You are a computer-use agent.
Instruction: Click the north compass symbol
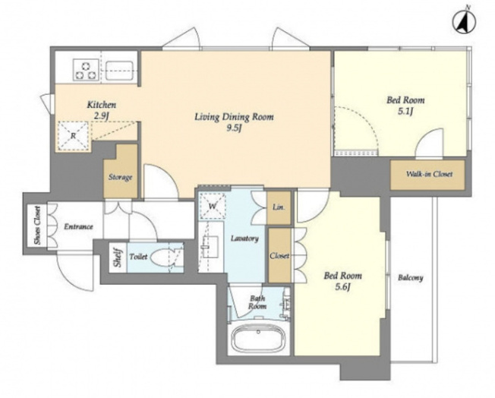(x=464, y=23)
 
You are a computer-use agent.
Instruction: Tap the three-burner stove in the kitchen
(x=85, y=71)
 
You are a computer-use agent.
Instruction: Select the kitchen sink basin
(x=118, y=71)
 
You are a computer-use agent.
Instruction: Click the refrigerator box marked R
(x=73, y=136)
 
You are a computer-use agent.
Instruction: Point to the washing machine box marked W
(x=212, y=206)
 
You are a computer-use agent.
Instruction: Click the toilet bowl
(x=163, y=257)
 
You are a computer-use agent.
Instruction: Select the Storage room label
(x=120, y=177)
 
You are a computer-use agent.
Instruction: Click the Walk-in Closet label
(x=429, y=174)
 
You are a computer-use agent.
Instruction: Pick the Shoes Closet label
(x=37, y=226)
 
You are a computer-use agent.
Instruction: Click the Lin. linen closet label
(x=279, y=207)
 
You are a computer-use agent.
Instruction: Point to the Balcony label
(x=411, y=278)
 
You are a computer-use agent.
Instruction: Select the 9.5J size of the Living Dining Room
(x=234, y=128)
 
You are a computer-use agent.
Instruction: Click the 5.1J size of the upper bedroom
(x=405, y=112)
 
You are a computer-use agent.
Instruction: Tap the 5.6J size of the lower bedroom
(x=343, y=287)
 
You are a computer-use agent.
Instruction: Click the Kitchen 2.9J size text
(x=101, y=116)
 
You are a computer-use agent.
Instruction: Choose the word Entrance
(x=79, y=226)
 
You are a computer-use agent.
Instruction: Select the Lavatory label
(x=244, y=238)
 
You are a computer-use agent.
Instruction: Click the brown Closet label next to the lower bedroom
(x=279, y=255)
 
